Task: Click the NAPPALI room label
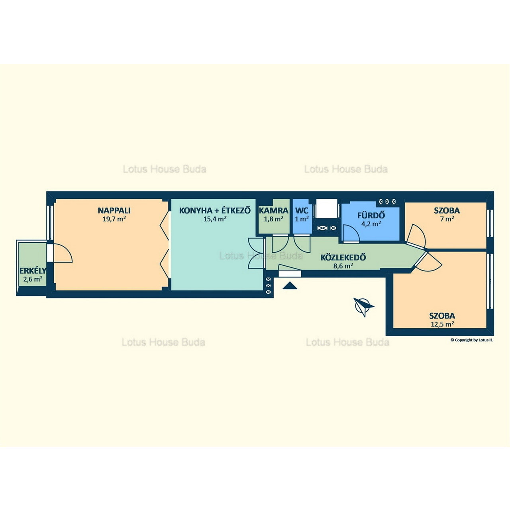114,211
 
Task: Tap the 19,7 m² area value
114,219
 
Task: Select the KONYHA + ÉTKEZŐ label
215,211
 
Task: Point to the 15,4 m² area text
215,219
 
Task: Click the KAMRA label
273,211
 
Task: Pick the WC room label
302,211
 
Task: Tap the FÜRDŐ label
371,215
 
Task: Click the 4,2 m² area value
371,224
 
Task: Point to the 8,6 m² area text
343,266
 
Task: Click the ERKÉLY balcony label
33,271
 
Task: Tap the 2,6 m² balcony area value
33,279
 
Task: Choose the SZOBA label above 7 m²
447,211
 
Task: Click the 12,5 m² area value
443,324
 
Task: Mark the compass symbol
364,306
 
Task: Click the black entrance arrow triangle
290,286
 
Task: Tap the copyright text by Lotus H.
472,340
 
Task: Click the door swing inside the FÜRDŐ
350,233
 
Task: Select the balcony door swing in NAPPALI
63,253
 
